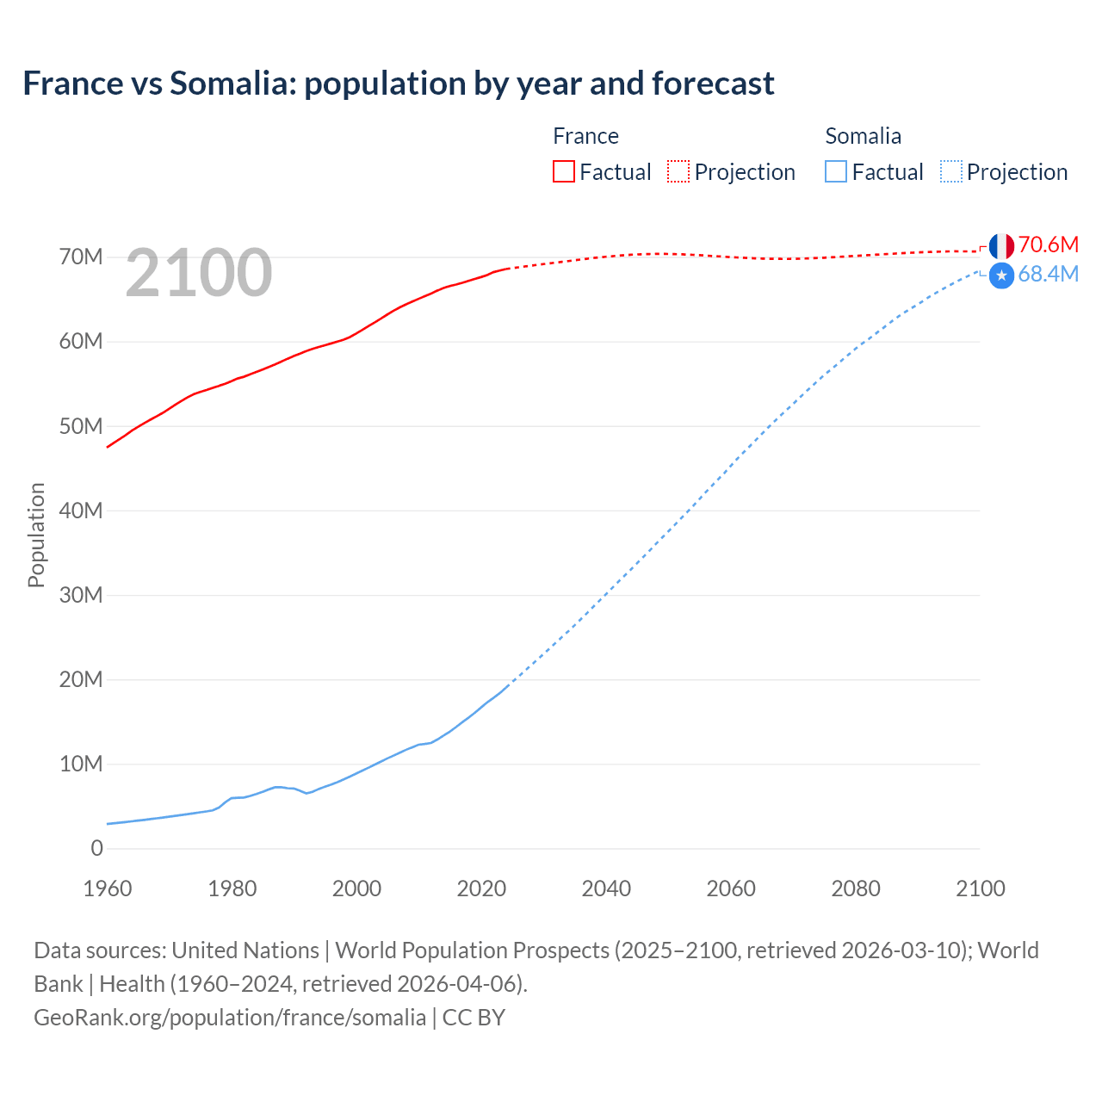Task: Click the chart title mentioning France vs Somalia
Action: [399, 84]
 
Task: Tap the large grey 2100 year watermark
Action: [199, 273]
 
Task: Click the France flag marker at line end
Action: [1001, 246]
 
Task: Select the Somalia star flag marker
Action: [1001, 275]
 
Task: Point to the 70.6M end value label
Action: [1048, 245]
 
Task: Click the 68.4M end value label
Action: [1048, 275]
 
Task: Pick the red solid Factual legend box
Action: [564, 172]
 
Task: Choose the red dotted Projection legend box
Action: [678, 172]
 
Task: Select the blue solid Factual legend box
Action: [836, 172]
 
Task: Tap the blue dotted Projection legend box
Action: [951, 172]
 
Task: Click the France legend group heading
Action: [585, 136]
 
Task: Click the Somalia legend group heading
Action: [863, 136]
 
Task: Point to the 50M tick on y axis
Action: [81, 427]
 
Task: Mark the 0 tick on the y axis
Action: [96, 849]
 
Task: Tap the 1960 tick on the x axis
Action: [108, 888]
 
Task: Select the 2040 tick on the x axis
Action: [606, 888]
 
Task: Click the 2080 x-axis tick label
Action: [856, 888]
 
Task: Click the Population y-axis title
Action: [36, 535]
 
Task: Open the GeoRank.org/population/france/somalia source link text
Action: [230, 1018]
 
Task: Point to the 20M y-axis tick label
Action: [81, 680]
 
